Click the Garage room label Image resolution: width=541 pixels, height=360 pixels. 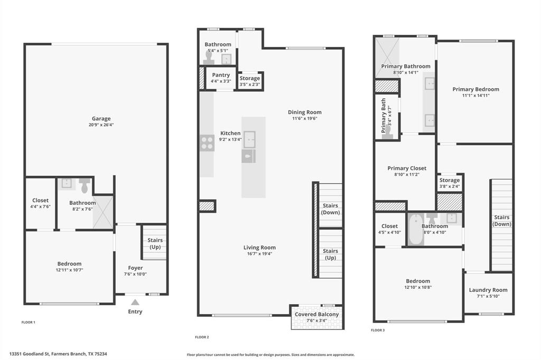pyautogui.click(x=101, y=119)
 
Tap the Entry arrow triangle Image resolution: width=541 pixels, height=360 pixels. pyautogui.click(x=135, y=302)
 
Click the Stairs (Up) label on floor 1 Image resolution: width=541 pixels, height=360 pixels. pyautogui.click(x=155, y=243)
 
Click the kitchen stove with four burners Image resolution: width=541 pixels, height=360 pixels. pyautogui.click(x=207, y=143)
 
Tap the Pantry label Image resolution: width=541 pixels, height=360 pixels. pyautogui.click(x=221, y=75)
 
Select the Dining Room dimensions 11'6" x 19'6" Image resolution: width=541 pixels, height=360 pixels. pyautogui.click(x=304, y=119)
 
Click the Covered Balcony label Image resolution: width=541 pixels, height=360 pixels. pyautogui.click(x=317, y=315)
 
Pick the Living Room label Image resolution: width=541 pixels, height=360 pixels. pyautogui.click(x=259, y=248)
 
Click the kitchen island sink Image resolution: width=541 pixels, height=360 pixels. pyautogui.click(x=249, y=138)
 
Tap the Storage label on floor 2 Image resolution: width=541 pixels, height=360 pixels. pyautogui.click(x=250, y=79)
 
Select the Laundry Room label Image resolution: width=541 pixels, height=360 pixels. pyautogui.click(x=488, y=290)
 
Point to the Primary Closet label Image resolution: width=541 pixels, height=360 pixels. pyautogui.click(x=407, y=168)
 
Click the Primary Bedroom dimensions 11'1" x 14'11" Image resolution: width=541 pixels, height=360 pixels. pyautogui.click(x=475, y=96)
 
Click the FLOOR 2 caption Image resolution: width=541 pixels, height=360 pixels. pyautogui.click(x=202, y=337)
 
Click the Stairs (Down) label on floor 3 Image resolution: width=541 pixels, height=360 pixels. pyautogui.click(x=501, y=221)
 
